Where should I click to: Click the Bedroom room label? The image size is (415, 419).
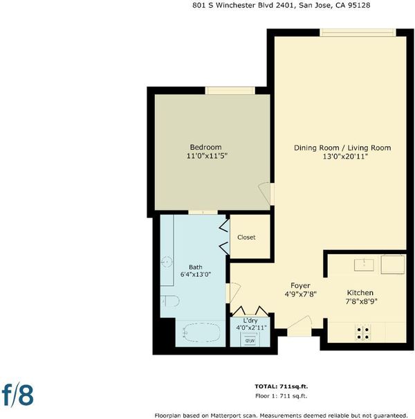pyautogui.click(x=205, y=148)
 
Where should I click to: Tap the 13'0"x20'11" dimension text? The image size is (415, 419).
pyautogui.click(x=345, y=157)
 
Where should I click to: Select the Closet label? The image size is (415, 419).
pyautogui.click(x=246, y=238)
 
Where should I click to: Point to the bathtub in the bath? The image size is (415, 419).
pyautogui.click(x=201, y=332)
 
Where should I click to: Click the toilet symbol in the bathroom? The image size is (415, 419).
pyautogui.click(x=169, y=301)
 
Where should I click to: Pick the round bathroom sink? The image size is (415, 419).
pyautogui.click(x=167, y=262)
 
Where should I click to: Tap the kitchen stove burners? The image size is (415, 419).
pyautogui.click(x=363, y=333)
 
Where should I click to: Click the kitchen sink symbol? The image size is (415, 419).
pyautogui.click(x=364, y=265)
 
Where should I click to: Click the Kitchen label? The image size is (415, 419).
pyautogui.click(x=360, y=292)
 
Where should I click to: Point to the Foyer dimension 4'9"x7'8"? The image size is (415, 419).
pyautogui.click(x=300, y=294)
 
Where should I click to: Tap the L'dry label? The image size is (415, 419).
pyautogui.click(x=250, y=321)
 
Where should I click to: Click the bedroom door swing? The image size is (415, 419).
pyautogui.click(x=265, y=193)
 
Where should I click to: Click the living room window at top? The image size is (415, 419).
pyautogui.click(x=358, y=33)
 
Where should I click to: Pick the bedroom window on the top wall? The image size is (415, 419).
pyautogui.click(x=230, y=91)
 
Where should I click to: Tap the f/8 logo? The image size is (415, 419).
pyautogui.click(x=17, y=395)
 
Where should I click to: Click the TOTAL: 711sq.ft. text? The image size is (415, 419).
pyautogui.click(x=282, y=386)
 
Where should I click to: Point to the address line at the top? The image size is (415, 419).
pyautogui.click(x=282, y=6)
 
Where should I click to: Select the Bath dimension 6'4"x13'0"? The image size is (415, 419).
pyautogui.click(x=196, y=274)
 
